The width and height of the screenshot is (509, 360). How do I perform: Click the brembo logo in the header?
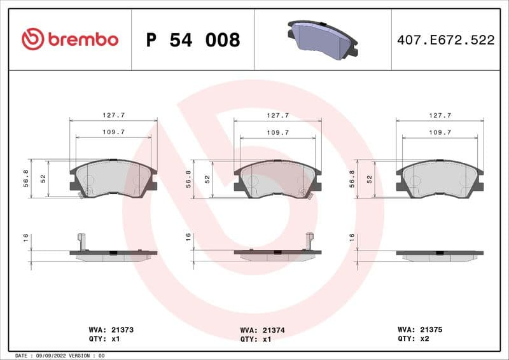[70, 39]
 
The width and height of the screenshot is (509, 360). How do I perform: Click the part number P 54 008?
[193, 40]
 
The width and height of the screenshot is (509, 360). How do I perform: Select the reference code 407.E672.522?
[445, 40]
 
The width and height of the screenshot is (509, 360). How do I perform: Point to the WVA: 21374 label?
[263, 330]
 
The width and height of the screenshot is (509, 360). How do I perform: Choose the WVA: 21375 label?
[420, 330]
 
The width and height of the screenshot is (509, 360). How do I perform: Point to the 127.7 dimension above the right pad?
[440, 116]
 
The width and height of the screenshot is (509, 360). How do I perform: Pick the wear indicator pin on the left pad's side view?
[81, 241]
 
